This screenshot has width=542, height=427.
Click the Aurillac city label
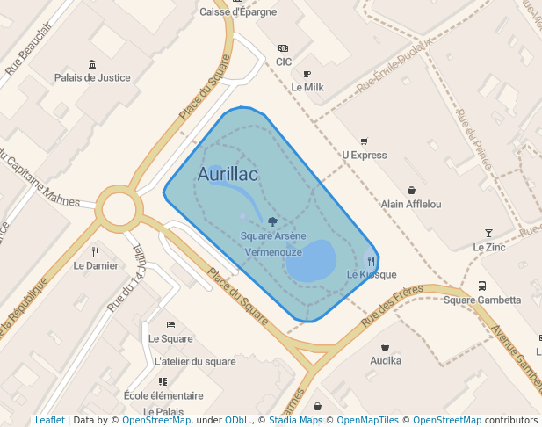pyautogui.click(x=228, y=175)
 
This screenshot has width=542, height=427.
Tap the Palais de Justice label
pyautogui.click(x=92, y=77)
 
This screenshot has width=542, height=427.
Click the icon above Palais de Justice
pyautogui.click(x=92, y=63)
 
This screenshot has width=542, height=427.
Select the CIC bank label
pyautogui.click(x=284, y=62)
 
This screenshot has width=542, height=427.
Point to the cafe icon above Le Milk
pyautogui.click(x=307, y=74)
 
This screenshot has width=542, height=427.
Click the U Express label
pyautogui.click(x=364, y=155)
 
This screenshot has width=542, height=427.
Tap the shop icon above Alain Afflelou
pyautogui.click(x=411, y=190)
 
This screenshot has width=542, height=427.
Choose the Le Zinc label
pyautogui.click(x=489, y=247)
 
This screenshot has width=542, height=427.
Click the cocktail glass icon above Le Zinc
pyautogui.click(x=489, y=233)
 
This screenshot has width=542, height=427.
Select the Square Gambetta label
pyautogui.click(x=481, y=300)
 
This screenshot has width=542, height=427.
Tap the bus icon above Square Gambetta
pyautogui.click(x=481, y=286)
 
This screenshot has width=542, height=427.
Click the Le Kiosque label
pyautogui.click(x=372, y=274)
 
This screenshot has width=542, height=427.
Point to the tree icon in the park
pyautogui.click(x=272, y=222)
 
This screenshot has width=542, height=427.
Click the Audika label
pyautogui.click(x=386, y=360)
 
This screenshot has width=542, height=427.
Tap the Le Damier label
pyautogui.click(x=96, y=265)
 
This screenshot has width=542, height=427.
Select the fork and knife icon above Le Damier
pyautogui.click(x=96, y=252)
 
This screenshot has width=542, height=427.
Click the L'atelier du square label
pyautogui.click(x=195, y=361)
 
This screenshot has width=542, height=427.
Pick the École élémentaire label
pyautogui.click(x=163, y=395)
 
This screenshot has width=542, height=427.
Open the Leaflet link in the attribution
pyautogui.click(x=49, y=420)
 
